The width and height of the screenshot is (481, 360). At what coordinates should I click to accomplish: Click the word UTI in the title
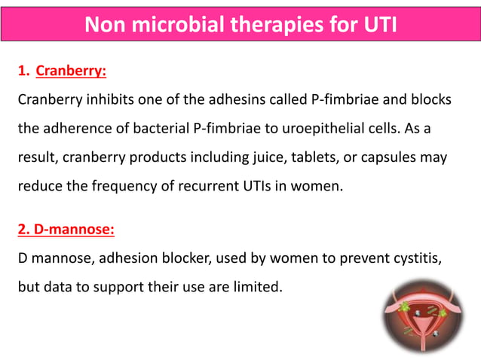pos(375,26)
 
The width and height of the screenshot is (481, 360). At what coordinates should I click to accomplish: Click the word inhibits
pos(109,100)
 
